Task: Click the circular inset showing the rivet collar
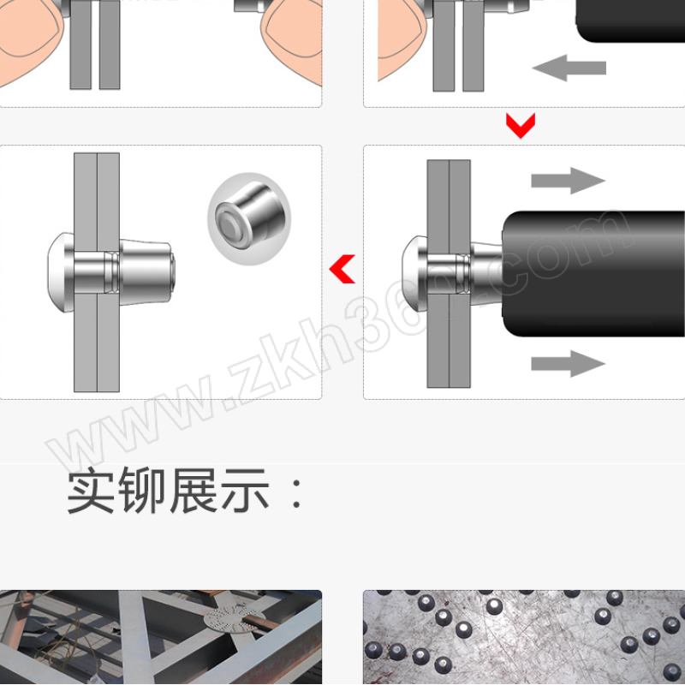[x=249, y=218]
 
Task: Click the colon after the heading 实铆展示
[x=296, y=493]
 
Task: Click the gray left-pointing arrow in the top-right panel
[x=569, y=68]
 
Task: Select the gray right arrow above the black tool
[x=568, y=181]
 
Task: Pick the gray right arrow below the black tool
[x=568, y=363]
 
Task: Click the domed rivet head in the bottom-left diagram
[x=61, y=272]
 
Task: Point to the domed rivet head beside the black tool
[x=414, y=273]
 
